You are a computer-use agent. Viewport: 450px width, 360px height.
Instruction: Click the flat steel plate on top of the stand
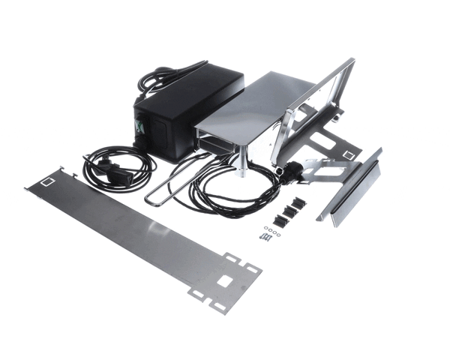pos(255,105)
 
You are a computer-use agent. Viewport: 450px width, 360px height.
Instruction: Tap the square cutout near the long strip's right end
pos(224,281)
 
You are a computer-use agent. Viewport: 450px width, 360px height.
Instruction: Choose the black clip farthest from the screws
pos(299,202)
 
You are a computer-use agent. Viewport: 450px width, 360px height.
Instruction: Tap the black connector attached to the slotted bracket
pos(289,171)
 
